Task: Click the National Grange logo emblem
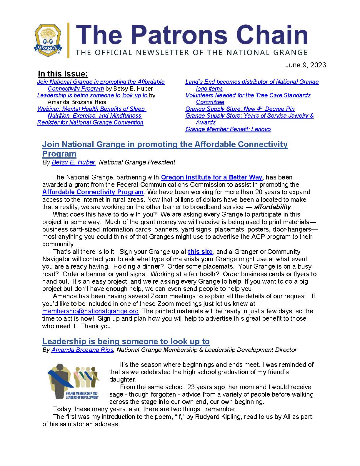pos(48,40)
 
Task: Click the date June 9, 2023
pos(306,65)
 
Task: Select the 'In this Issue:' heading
pos(63,74)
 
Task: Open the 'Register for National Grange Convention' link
pos(90,122)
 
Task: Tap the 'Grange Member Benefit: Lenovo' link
pos(228,129)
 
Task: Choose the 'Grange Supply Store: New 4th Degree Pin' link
pos(240,109)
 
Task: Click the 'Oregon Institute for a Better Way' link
pos(211,177)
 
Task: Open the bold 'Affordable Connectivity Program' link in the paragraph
pos(93,192)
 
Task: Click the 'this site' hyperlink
pos(200,252)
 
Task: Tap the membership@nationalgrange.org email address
pos(90,311)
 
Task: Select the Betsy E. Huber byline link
pos(73,162)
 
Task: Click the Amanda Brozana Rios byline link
pos(82,350)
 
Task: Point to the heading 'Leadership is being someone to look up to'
pos(126,341)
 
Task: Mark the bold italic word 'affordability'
pos(272,207)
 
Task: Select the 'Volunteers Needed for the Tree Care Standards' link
pos(248,95)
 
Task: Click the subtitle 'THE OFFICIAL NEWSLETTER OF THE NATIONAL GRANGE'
pos(191,53)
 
